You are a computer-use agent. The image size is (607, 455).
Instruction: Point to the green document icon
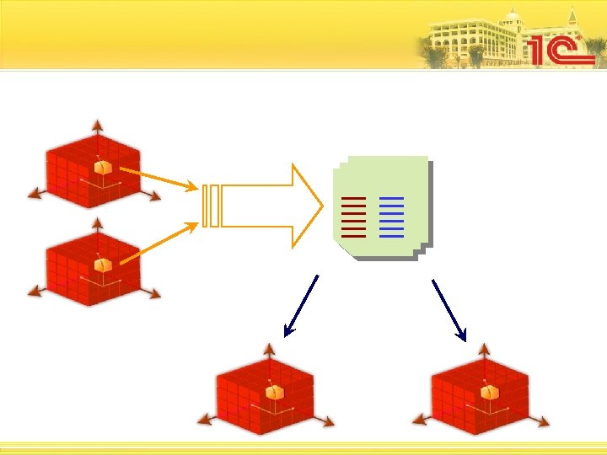379,206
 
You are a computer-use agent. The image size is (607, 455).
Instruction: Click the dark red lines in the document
354,217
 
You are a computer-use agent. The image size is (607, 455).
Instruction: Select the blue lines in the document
392,217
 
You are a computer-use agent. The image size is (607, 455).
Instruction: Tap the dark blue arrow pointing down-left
301,306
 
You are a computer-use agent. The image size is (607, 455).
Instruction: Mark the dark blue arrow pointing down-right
449,309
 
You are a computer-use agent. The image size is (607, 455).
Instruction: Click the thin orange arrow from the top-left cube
159,178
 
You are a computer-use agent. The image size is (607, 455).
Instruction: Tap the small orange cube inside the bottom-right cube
488,392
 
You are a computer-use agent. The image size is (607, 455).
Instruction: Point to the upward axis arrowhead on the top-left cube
97,125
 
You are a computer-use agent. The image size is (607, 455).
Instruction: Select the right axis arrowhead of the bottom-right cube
545,421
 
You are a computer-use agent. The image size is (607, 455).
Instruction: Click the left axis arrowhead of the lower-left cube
34,292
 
